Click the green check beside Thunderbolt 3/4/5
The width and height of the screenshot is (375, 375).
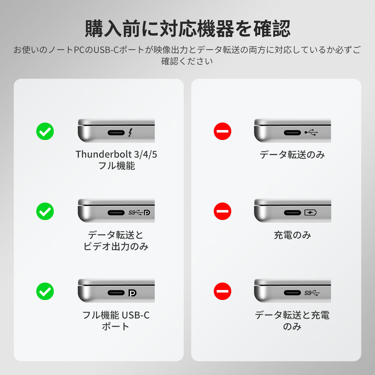pyautogui.click(x=45, y=131)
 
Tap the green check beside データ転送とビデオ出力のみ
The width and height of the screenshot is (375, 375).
pyautogui.click(x=45, y=211)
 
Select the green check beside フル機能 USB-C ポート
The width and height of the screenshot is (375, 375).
pyautogui.click(x=45, y=291)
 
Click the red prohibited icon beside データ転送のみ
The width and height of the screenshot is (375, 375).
pyautogui.click(x=222, y=131)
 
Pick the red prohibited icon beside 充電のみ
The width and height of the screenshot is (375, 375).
pyautogui.click(x=222, y=211)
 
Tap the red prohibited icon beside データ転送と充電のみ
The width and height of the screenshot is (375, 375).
pyautogui.click(x=222, y=291)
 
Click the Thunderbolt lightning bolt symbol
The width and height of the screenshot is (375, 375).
pyautogui.click(x=130, y=133)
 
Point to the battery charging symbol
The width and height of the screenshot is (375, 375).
pyautogui.click(x=310, y=212)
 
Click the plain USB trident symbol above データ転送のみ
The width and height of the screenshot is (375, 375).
pyautogui.click(x=311, y=132)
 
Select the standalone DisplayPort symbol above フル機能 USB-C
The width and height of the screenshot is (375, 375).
pyautogui.click(x=132, y=293)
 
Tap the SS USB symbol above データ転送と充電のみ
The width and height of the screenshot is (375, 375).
pyautogui.click(x=312, y=293)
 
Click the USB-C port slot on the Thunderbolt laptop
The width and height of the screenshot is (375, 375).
pyautogui.click(x=116, y=133)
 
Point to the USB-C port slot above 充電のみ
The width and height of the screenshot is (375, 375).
pyautogui.click(x=293, y=212)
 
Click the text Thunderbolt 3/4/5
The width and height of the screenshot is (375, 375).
pyautogui.click(x=116, y=154)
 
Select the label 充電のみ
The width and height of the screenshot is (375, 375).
pyautogui.click(x=292, y=235)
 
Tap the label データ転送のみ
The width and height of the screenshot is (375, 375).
pyautogui.click(x=292, y=155)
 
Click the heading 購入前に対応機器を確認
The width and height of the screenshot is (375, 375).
pyautogui.click(x=187, y=28)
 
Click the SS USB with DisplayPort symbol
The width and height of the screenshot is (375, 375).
pyautogui.click(x=139, y=212)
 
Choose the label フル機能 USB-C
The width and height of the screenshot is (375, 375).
pyautogui.click(x=116, y=315)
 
